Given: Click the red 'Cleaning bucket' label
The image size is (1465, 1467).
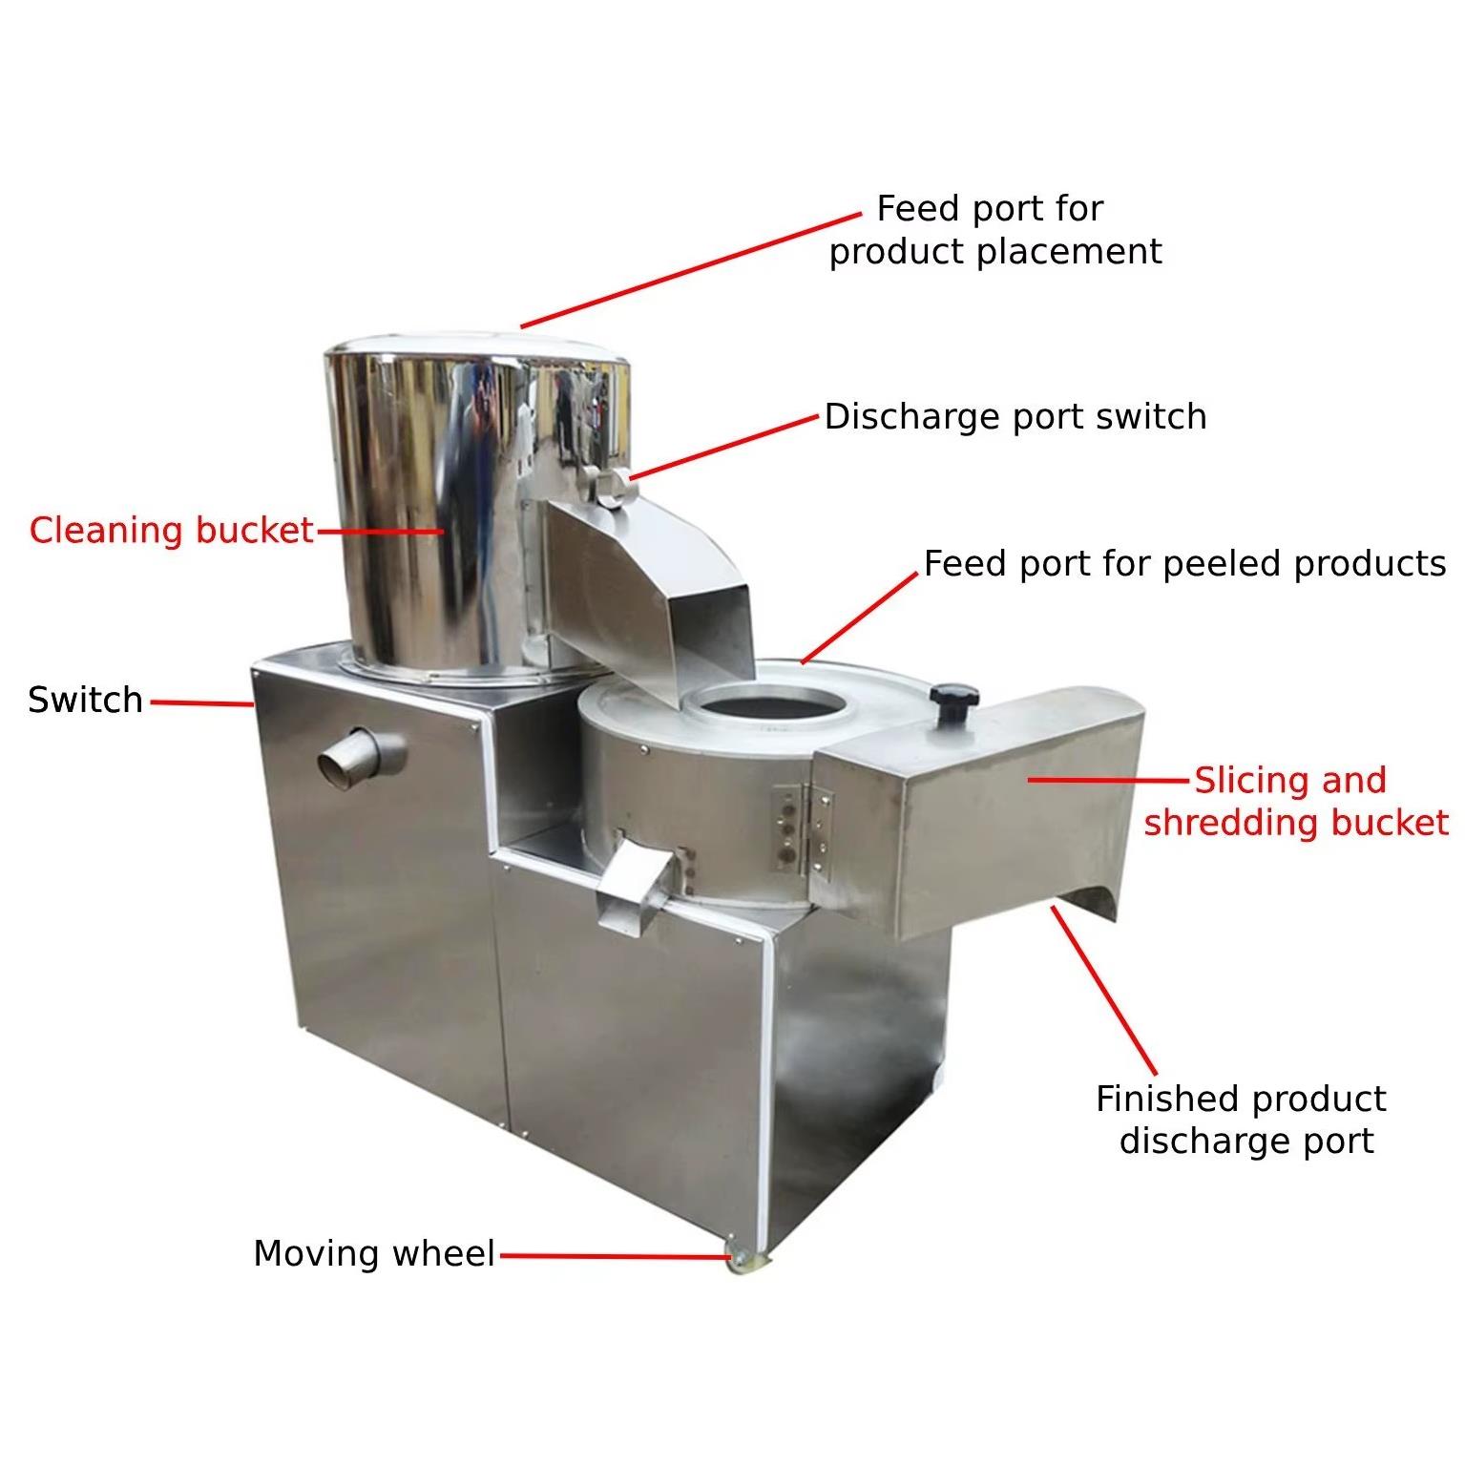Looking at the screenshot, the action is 171,530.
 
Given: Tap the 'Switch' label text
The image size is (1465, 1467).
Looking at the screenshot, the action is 86,700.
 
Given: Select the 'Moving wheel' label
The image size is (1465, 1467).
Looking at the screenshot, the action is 374,1253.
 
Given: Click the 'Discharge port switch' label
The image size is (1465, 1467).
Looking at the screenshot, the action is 1015,417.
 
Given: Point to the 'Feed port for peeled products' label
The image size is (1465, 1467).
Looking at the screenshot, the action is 1184,564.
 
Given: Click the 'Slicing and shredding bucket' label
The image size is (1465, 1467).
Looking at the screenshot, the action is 1296,801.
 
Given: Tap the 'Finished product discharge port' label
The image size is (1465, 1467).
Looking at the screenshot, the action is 1242,1120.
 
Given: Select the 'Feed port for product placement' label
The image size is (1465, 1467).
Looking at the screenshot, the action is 995,230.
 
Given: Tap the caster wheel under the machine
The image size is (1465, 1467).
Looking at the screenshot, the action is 741,1260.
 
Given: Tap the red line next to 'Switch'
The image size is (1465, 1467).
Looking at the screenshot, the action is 201,703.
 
